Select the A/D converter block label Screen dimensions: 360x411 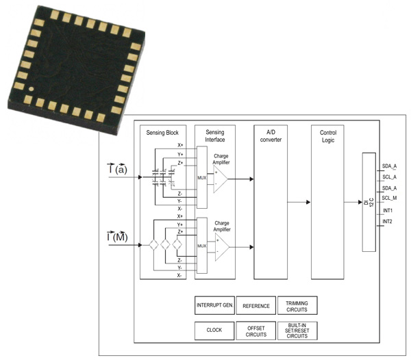(x=271, y=136)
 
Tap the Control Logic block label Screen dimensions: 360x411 (x=327, y=136)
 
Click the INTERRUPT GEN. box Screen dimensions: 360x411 (x=214, y=306)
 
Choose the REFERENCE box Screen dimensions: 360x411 (x=256, y=306)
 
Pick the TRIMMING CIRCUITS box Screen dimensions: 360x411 (x=297, y=306)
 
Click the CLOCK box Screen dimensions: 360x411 (x=214, y=330)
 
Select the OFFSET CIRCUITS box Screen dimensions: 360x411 (x=256, y=330)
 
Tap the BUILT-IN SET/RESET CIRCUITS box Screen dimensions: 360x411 (x=297, y=330)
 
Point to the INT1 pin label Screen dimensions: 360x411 (x=388, y=210)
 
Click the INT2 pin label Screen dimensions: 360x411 (x=388, y=222)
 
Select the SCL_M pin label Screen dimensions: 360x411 (x=389, y=198)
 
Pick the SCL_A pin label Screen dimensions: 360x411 (x=389, y=177)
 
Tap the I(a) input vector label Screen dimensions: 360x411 (x=117, y=169)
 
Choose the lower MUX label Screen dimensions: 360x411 (x=201, y=246)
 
